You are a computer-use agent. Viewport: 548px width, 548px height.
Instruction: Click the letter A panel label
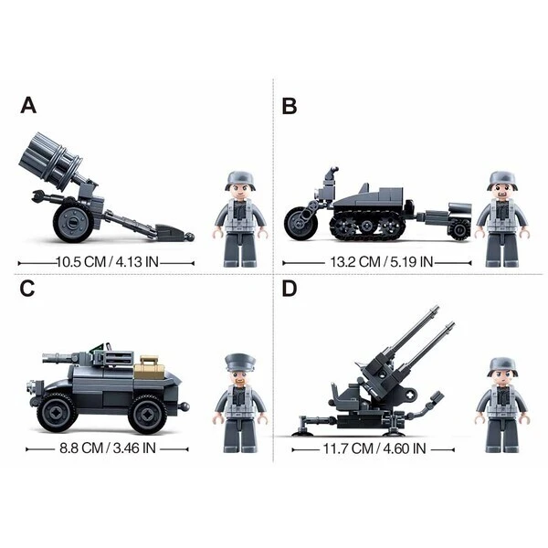28,105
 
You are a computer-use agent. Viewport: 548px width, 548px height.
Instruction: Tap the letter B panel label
290,106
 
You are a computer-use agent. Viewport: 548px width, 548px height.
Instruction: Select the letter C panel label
27,289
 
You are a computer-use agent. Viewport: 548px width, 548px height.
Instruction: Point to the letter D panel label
290,289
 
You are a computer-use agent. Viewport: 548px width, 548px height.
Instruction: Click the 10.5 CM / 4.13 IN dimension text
107,261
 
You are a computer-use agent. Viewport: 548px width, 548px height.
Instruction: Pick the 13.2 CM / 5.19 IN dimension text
382,261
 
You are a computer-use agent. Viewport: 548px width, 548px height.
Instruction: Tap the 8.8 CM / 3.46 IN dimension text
108,448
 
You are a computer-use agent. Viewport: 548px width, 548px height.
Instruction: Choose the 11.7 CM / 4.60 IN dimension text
374,448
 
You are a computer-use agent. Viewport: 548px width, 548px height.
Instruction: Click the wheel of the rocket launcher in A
74,222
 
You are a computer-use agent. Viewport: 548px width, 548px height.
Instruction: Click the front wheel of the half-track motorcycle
299,222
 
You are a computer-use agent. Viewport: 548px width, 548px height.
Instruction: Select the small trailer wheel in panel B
459,229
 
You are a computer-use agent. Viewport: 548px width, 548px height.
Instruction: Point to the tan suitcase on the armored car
149,368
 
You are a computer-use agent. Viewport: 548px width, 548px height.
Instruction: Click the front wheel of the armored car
57,414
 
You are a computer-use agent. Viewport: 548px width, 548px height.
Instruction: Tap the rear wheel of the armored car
148,415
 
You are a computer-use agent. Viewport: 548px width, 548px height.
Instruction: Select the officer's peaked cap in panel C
240,364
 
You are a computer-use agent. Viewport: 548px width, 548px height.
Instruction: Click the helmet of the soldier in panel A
241,180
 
